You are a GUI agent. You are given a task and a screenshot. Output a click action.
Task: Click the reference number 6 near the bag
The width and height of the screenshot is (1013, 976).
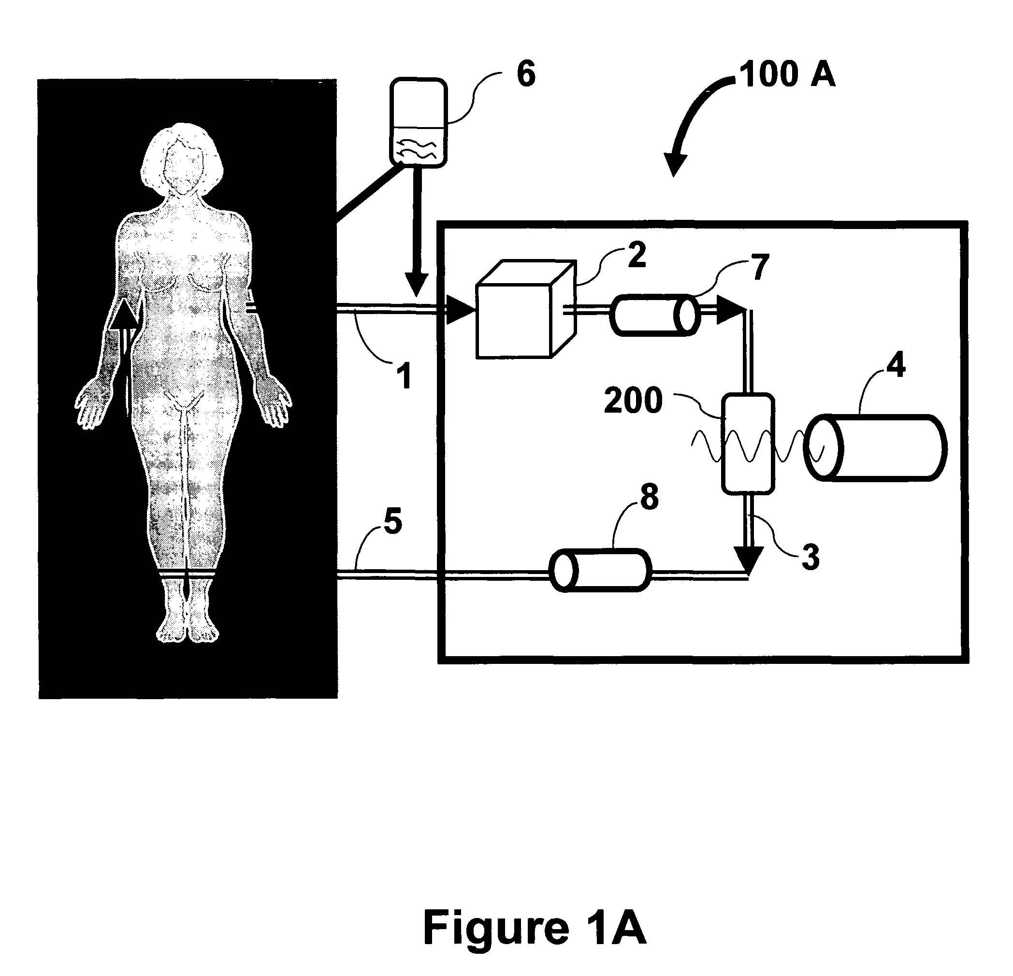click(x=526, y=74)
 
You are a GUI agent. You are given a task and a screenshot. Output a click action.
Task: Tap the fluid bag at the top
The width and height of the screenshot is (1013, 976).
click(x=418, y=123)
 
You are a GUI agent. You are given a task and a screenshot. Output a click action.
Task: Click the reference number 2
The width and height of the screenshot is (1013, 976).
click(x=637, y=255)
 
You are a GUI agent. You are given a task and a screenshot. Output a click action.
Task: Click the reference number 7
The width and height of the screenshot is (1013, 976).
click(x=759, y=268)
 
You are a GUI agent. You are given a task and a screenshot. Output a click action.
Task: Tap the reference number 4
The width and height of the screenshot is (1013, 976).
click(x=896, y=366)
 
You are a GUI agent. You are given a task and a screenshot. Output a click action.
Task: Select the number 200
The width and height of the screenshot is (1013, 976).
click(x=633, y=401)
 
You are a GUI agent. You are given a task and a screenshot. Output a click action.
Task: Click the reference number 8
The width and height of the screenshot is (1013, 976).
click(x=649, y=497)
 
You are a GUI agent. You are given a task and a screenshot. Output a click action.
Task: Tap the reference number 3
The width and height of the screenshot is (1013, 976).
click(x=810, y=558)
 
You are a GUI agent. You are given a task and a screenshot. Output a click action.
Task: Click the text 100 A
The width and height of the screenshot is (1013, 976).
click(x=787, y=74)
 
